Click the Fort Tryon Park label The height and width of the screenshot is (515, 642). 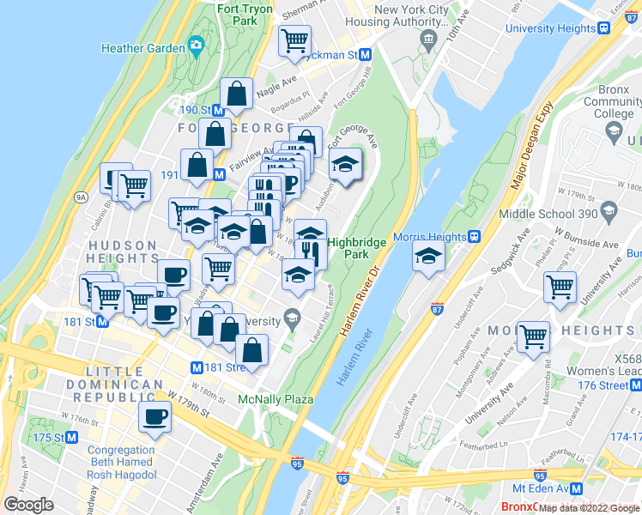pos(245,15)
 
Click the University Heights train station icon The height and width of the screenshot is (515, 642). pos(604,27)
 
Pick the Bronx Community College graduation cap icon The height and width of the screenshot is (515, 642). pos(613,130)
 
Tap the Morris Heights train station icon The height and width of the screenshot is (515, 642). pos(472,236)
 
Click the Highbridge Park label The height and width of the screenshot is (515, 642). pos(347,249)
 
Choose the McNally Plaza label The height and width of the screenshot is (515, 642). pos(276,399)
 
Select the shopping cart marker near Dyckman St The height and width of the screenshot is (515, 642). pos(294,39)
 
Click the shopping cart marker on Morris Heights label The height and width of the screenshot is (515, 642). pos(533,335)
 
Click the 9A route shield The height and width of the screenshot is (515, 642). pos(82,197)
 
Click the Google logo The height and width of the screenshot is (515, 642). pos(28,505)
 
